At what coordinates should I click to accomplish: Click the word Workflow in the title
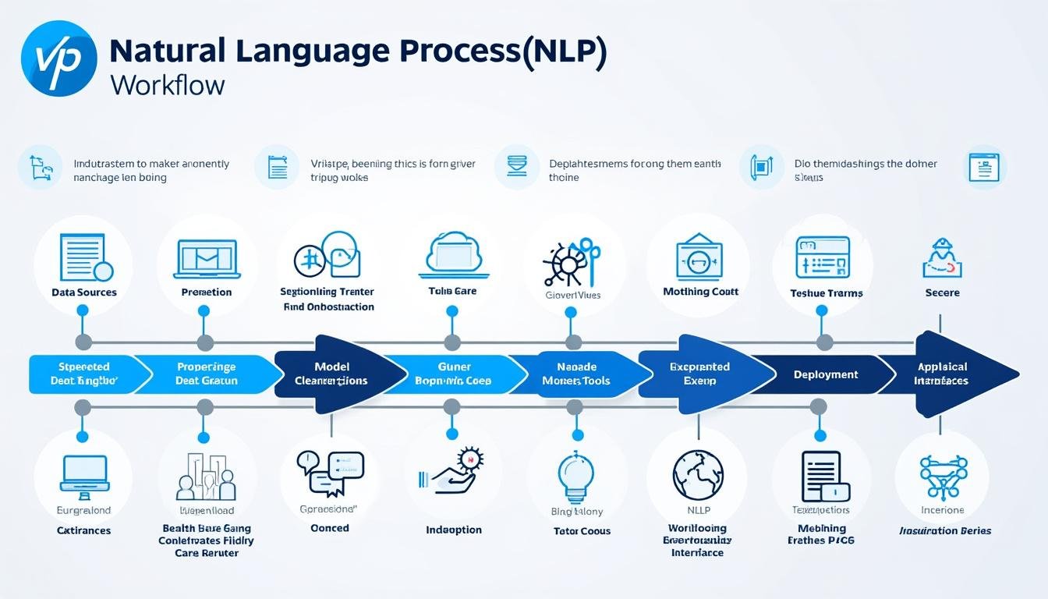point(167,84)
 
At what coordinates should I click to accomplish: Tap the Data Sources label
point(83,292)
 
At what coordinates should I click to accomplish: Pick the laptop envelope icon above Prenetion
point(207,258)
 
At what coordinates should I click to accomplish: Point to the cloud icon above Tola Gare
point(454,254)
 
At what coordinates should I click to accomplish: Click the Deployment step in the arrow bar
point(825,374)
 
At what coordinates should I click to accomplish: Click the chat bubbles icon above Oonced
point(330,473)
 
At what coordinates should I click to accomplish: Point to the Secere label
point(942,293)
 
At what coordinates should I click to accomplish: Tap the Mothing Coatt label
point(700,292)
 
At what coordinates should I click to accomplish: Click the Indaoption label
point(454,530)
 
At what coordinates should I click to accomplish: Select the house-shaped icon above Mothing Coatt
point(698,256)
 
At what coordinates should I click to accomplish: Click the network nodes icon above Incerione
point(943,475)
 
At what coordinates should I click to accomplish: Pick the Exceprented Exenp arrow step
point(699,374)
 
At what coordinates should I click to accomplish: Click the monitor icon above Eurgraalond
point(83,473)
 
